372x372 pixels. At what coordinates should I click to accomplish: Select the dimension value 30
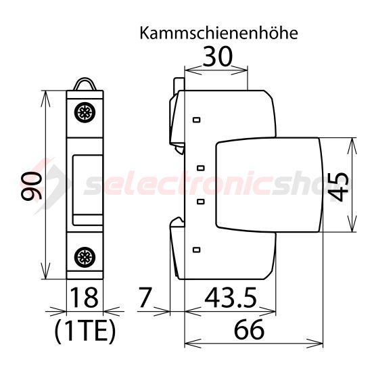point(216,57)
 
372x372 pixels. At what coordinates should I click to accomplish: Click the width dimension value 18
point(85,297)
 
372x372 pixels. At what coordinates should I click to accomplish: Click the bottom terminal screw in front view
point(85,256)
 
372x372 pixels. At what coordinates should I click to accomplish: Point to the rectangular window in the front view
point(85,184)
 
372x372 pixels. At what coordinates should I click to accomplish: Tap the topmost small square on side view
point(197,120)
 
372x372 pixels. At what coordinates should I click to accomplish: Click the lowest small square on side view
point(197,250)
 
